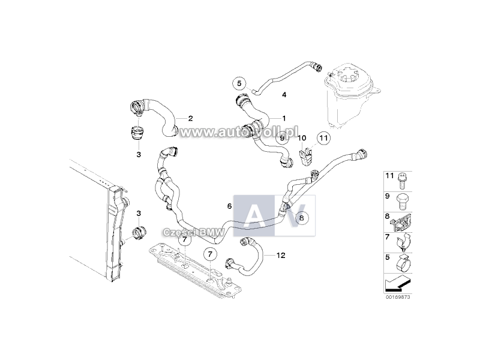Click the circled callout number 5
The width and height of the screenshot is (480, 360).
coord(239,83)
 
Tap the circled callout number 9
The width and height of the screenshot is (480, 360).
coord(282,137)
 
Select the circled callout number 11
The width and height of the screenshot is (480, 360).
coord(323,138)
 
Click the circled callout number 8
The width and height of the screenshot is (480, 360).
coord(302,218)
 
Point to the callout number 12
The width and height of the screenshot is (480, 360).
coord(281,255)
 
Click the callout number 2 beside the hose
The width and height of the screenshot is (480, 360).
coord(190,118)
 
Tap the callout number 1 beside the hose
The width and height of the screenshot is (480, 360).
coord(284,118)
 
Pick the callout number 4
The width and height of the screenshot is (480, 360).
coord(284,95)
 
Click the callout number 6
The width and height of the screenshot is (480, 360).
coord(230,206)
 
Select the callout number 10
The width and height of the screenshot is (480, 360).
coord(302,138)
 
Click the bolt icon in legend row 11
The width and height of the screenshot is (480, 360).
coord(401,181)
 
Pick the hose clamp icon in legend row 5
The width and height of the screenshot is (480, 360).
coord(404,263)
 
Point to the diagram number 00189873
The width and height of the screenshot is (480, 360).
coord(398,297)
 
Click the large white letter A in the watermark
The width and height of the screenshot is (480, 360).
coord(254,215)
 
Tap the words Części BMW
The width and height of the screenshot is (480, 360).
coord(194,233)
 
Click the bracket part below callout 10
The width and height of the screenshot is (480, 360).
coord(307,157)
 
